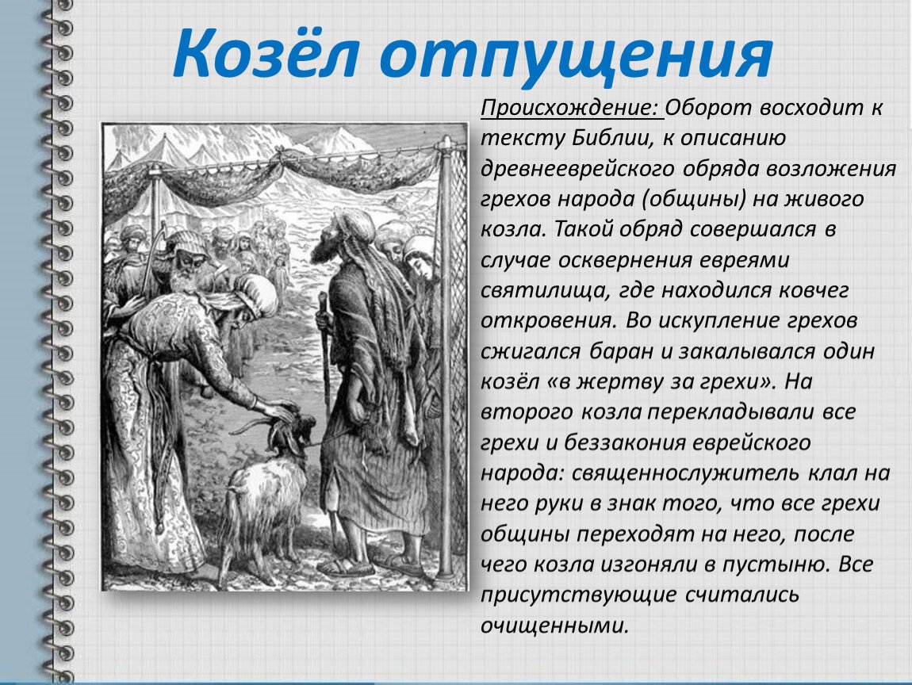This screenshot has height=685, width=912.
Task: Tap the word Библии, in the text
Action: (x=620, y=139)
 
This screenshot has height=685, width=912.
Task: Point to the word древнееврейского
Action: (x=577, y=169)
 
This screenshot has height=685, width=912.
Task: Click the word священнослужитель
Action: (x=685, y=473)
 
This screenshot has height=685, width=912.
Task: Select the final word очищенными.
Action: (x=555, y=626)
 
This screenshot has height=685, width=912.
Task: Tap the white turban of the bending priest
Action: (x=256, y=293)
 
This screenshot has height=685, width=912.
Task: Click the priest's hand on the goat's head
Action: (x=279, y=410)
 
